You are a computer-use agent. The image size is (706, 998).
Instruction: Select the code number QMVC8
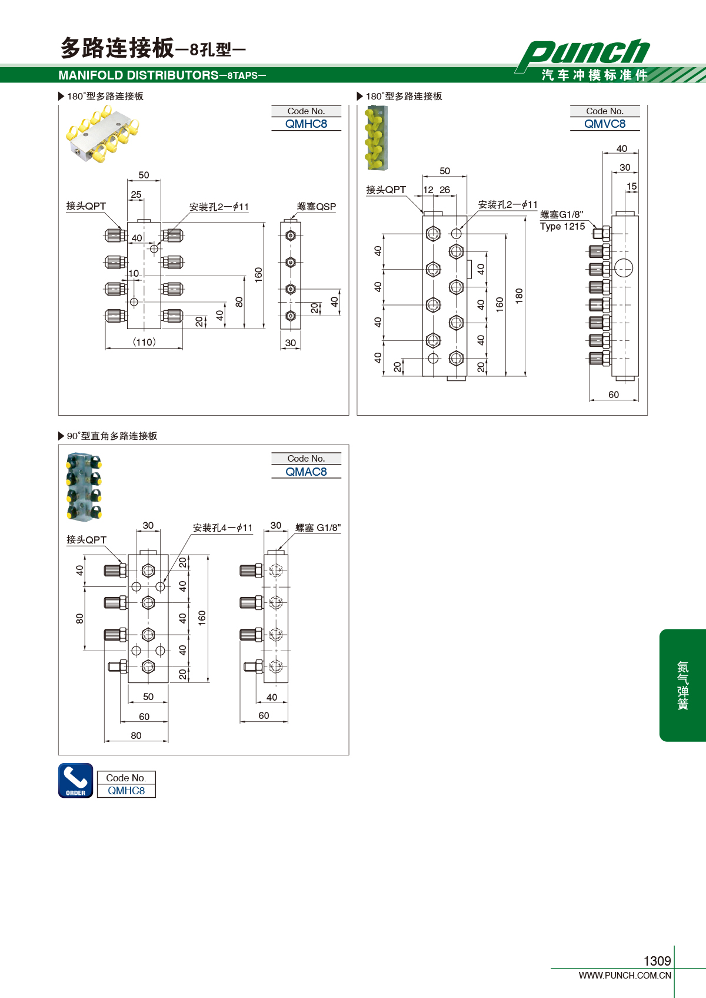coord(604,124)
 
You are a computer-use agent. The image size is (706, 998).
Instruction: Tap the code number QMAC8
coord(306,472)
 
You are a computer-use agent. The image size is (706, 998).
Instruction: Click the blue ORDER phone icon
coord(76,780)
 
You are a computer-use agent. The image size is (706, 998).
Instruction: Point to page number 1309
coord(657,960)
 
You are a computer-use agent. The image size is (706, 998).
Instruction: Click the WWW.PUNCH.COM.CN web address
coord(625,975)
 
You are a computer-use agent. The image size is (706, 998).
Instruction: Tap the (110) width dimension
coord(144,341)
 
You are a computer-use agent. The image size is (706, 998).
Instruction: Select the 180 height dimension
coord(519,296)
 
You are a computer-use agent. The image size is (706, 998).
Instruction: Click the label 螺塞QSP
coord(316,206)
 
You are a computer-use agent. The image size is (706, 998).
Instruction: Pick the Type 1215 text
coord(562,226)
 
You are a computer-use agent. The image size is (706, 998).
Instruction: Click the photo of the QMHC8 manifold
coord(102,134)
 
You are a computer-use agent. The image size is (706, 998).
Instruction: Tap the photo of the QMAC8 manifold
coord(84,487)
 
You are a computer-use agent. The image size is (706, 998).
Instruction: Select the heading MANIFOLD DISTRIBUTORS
coord(138,75)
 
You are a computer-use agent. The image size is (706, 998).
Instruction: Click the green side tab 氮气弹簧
coord(682,685)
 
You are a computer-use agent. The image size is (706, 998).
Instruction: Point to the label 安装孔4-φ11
coord(222,528)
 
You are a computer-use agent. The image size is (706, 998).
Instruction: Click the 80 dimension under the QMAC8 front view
coord(136,735)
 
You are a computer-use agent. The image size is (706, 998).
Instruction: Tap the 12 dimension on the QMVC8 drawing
coord(428,190)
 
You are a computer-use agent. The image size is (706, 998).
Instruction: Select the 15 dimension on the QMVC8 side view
coord(632,186)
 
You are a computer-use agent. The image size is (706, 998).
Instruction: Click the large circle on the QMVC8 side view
coord(623,268)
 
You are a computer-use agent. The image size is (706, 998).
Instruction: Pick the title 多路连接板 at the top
coord(117,48)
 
